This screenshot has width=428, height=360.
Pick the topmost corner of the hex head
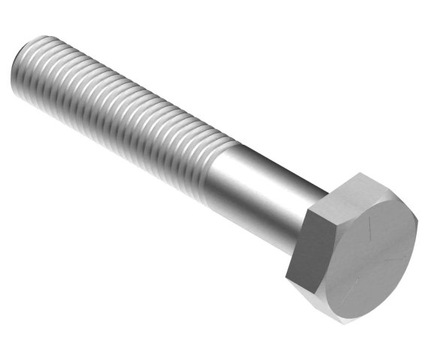359,173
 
